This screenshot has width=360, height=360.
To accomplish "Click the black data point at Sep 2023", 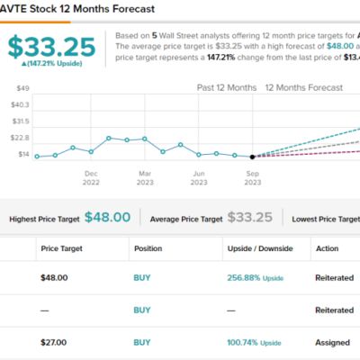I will [252, 157].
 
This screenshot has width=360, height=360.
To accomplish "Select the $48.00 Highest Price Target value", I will [107, 218].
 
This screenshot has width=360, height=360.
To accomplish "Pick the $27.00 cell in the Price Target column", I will [55, 342].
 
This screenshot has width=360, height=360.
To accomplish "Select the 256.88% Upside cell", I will [256, 278].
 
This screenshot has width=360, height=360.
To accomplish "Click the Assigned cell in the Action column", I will [333, 342].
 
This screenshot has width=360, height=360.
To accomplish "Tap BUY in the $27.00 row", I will [142, 342].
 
